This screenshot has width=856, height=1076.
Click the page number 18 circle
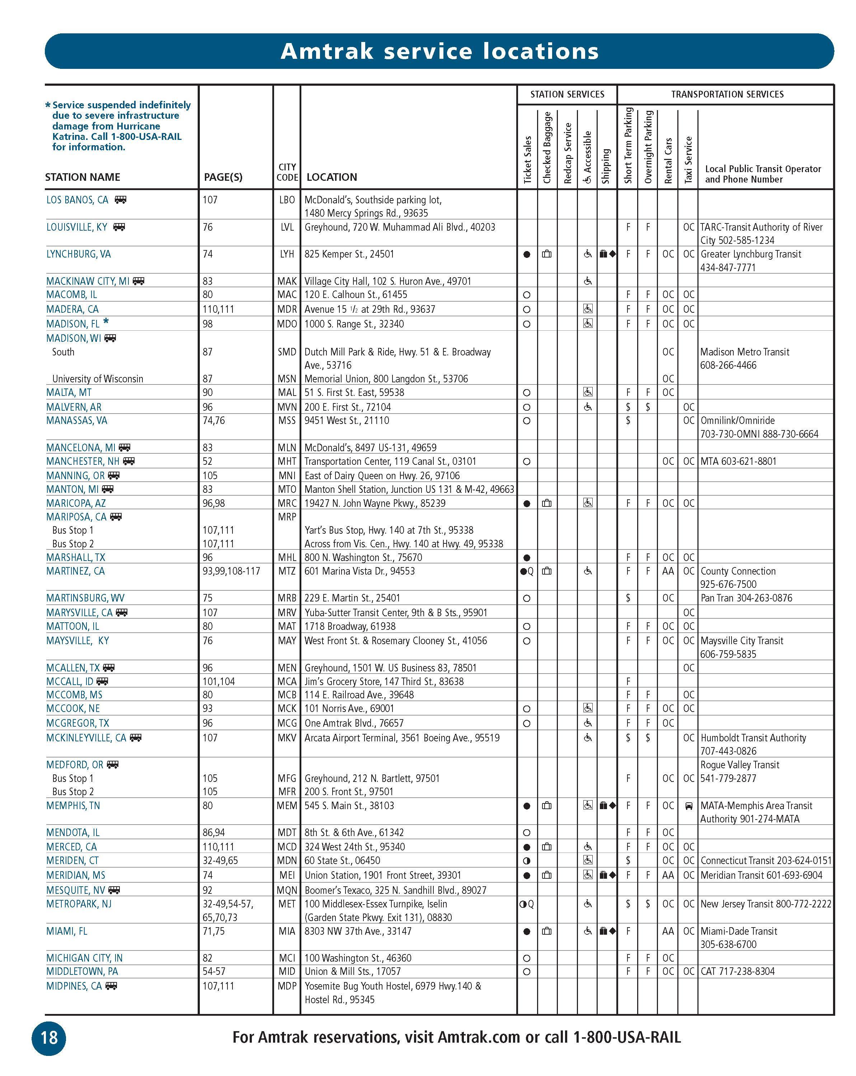49,1038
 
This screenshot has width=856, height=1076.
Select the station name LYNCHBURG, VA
78,254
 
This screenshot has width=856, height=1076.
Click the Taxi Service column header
688,159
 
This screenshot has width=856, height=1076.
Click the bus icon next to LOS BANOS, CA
120,200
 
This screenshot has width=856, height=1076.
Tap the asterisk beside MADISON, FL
106,322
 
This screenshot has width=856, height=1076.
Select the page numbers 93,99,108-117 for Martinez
231,571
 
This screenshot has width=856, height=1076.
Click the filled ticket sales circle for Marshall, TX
527,557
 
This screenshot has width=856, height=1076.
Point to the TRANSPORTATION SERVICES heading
727,94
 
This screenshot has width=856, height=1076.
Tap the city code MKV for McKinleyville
287,738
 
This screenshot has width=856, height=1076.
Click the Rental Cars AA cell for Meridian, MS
668,875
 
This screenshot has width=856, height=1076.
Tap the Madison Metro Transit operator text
744,352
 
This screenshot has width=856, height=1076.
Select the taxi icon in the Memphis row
689,806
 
